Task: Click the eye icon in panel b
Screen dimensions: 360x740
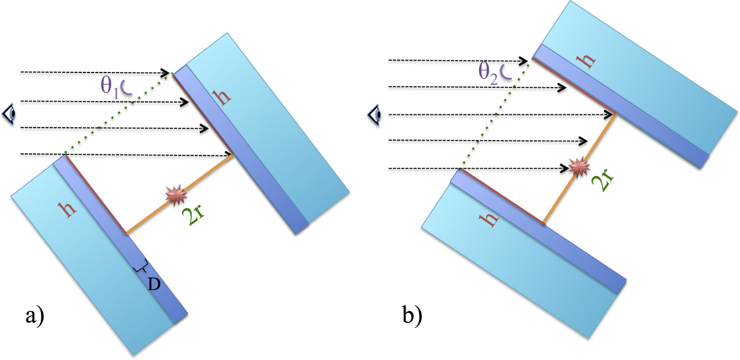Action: pyautogui.click(x=375, y=115)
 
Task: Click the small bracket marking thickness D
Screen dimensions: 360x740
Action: pyautogui.click(x=141, y=268)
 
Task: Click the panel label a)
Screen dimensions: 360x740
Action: pyautogui.click(x=35, y=314)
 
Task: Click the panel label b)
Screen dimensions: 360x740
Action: pyautogui.click(x=411, y=316)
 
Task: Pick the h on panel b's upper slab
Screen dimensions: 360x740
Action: pyautogui.click(x=587, y=58)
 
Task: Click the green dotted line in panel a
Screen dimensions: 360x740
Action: pyautogui.click(x=118, y=114)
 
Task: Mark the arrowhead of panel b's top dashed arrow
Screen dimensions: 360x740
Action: pyautogui.click(x=525, y=60)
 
